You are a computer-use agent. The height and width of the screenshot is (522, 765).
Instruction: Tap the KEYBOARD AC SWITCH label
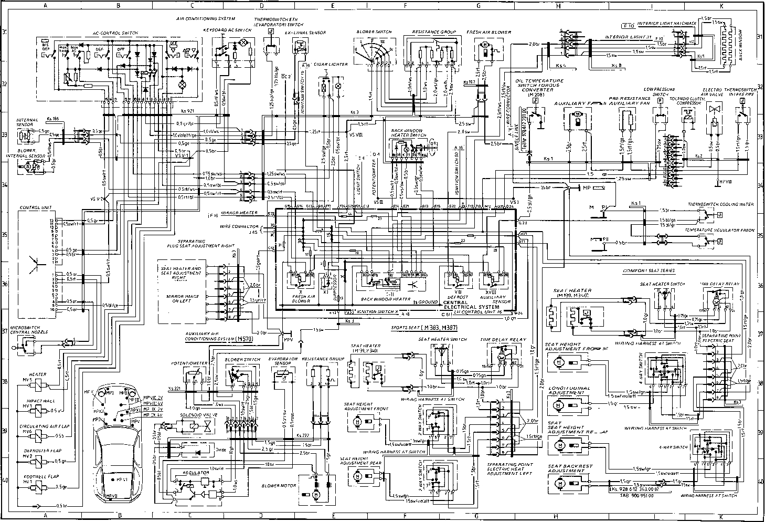(227, 30)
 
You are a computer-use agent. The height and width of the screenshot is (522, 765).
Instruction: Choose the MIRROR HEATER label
(239, 213)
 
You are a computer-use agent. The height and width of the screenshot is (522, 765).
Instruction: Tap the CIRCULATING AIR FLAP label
(38, 426)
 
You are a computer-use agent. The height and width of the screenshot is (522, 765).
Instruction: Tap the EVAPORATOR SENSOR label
(283, 362)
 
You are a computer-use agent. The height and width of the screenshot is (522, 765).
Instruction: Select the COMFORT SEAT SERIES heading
(649, 271)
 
